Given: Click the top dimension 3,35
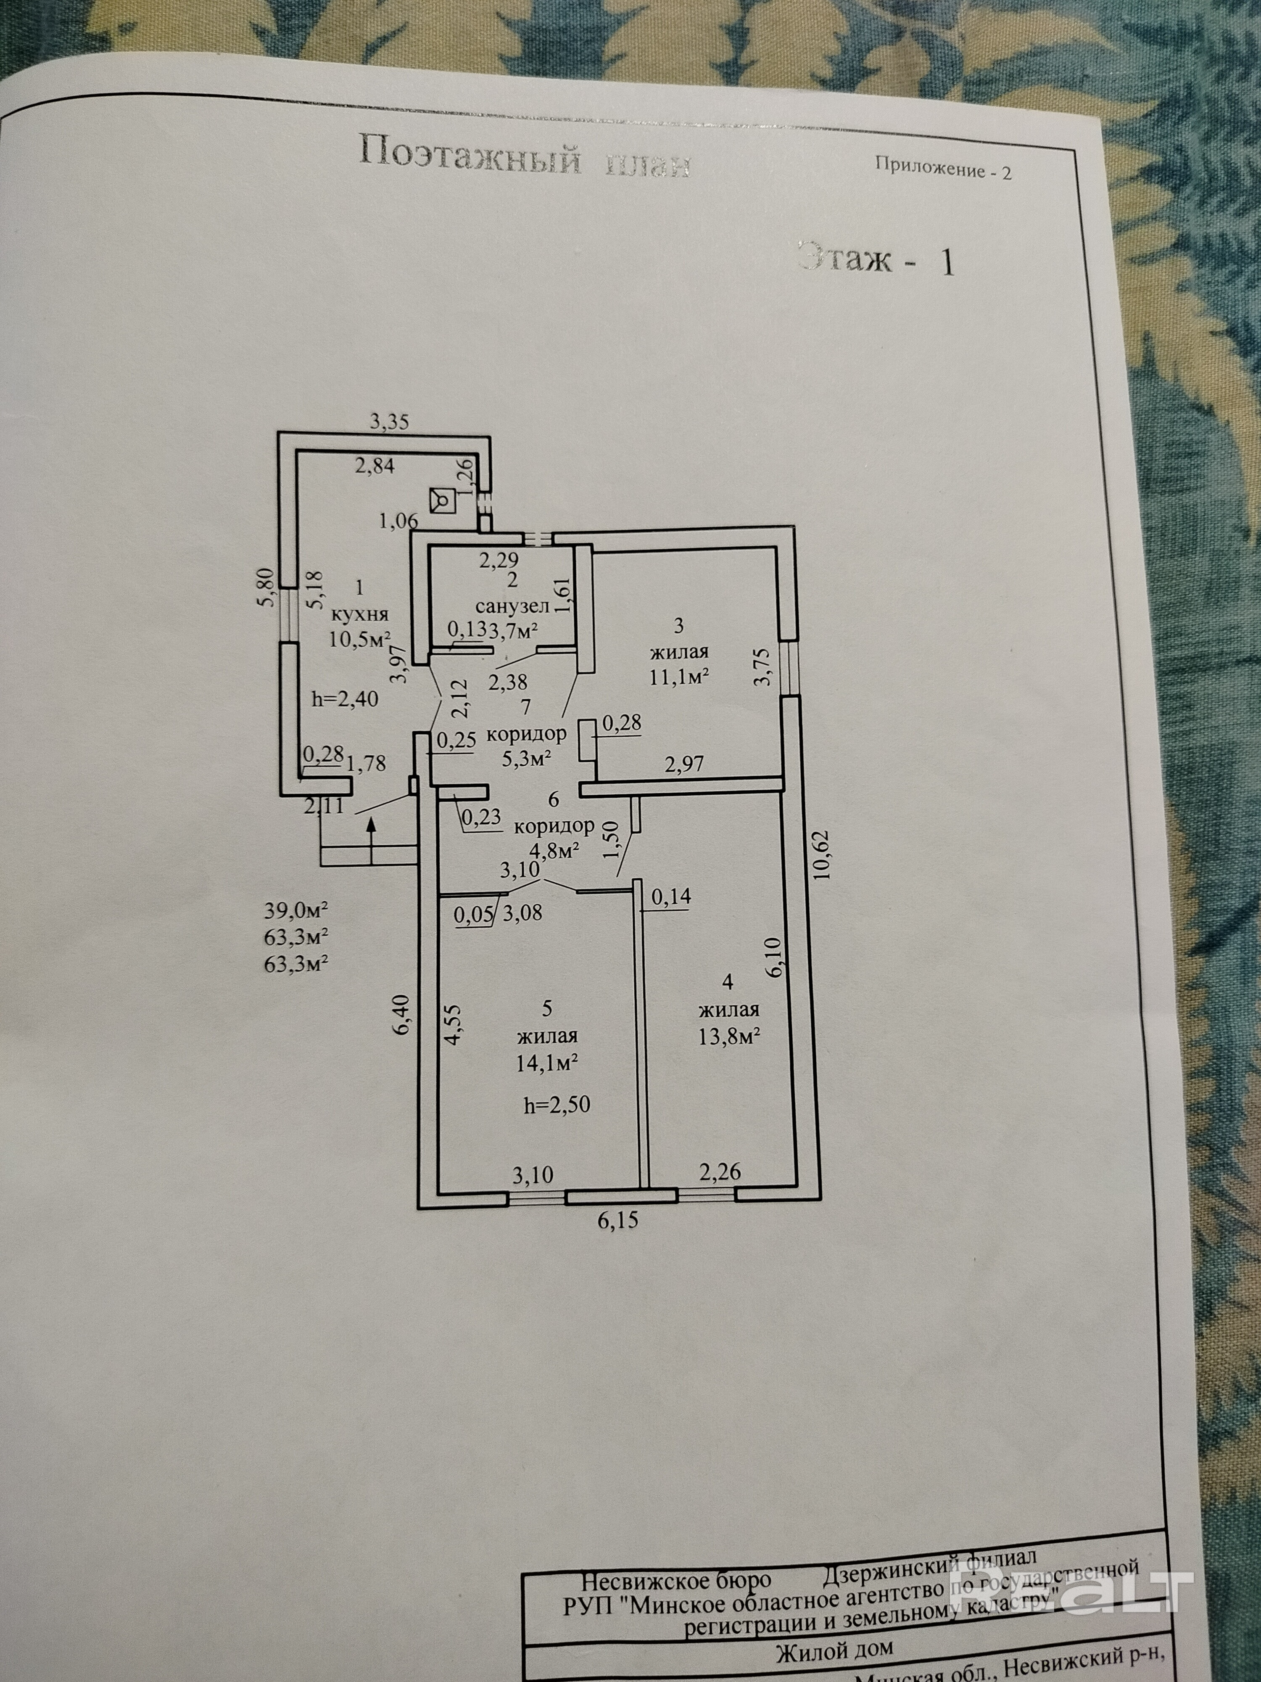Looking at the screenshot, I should [389, 422].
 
